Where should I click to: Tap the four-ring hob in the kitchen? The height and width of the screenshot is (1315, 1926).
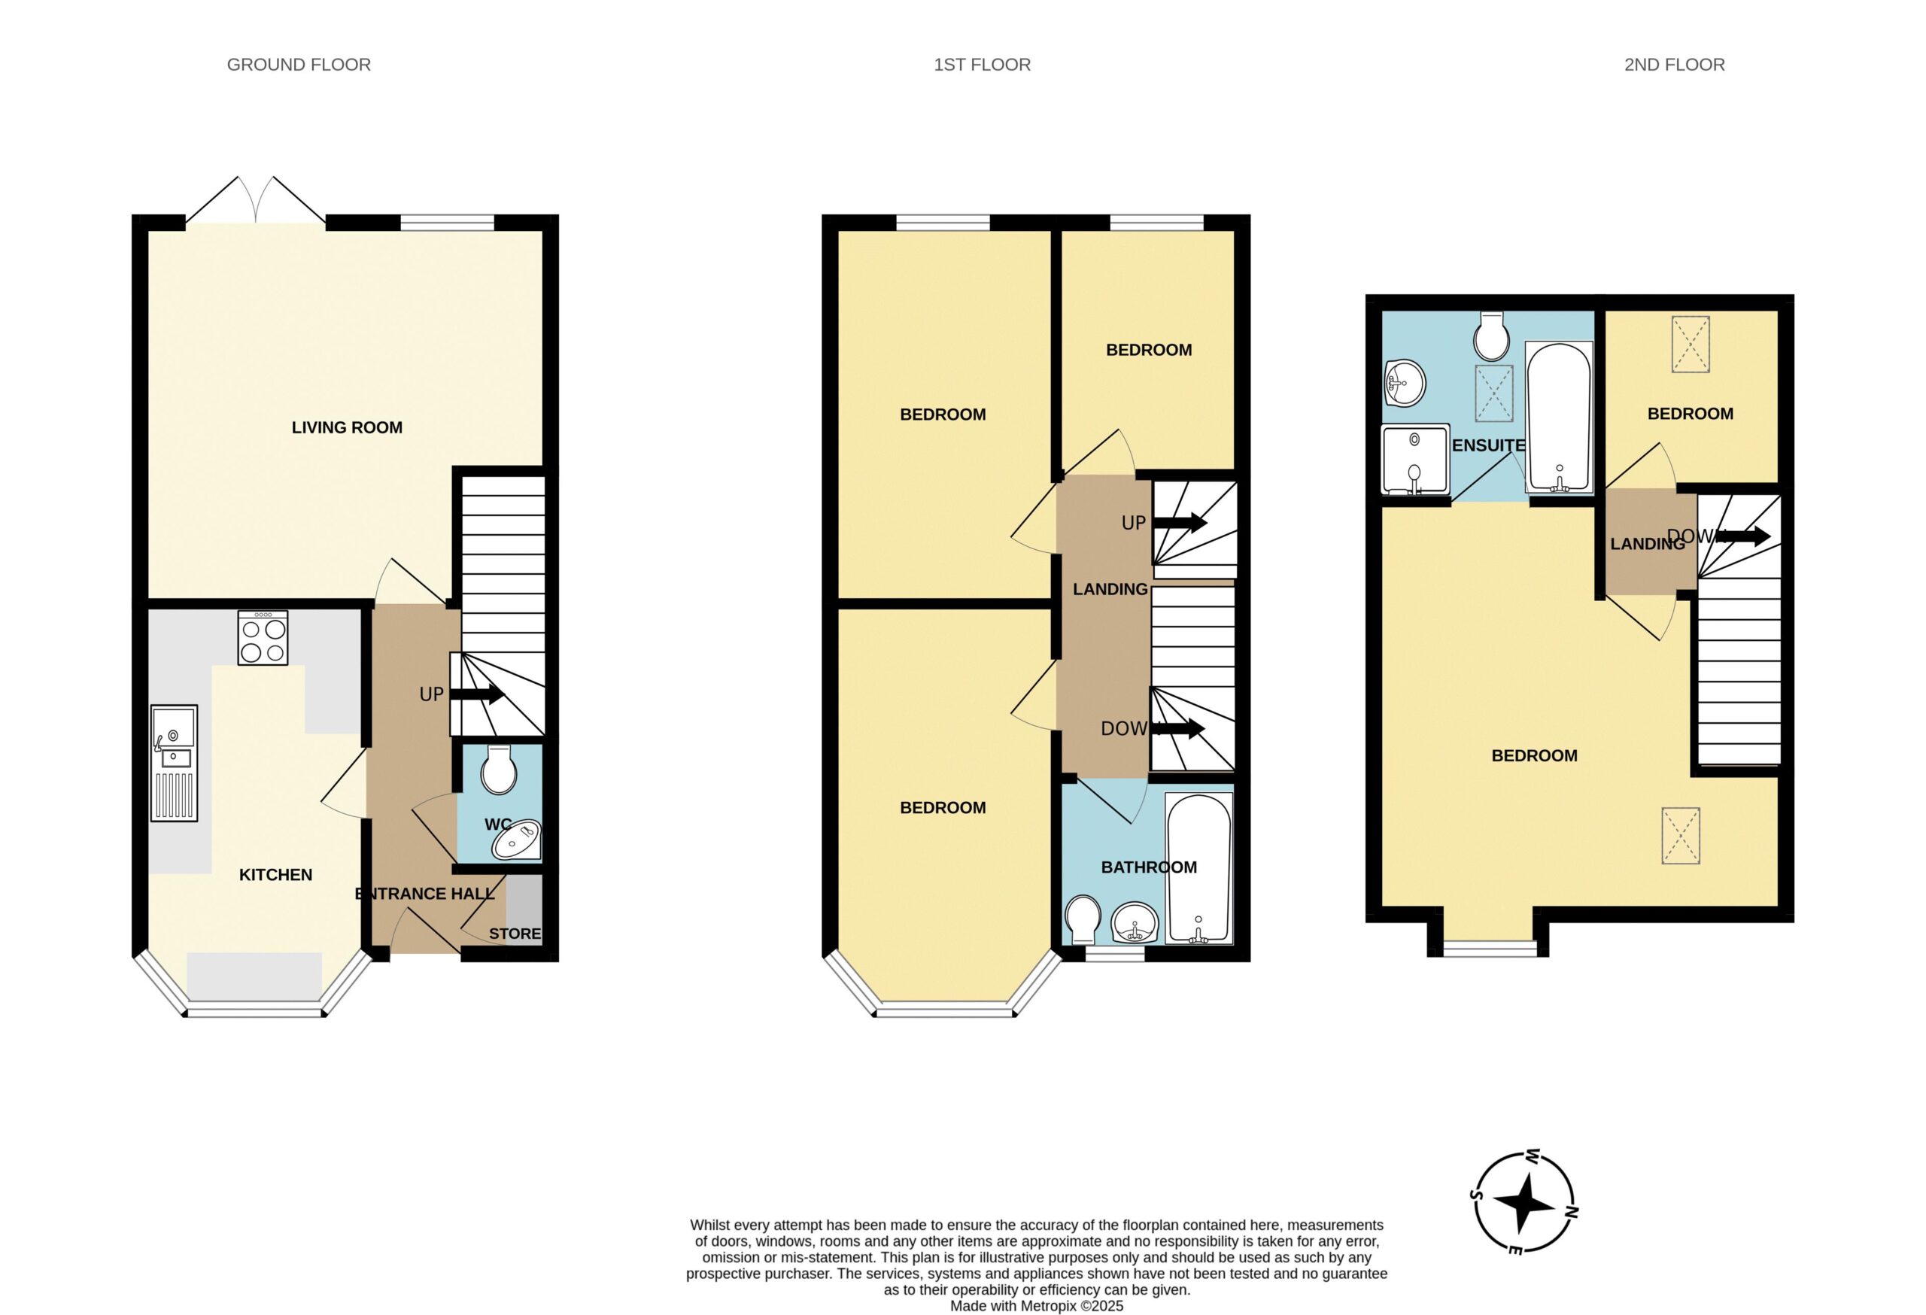263,637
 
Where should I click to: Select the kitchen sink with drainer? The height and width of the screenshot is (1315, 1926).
174,763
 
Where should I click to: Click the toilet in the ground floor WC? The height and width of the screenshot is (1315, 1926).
499,770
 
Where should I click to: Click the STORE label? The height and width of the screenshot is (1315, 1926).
515,934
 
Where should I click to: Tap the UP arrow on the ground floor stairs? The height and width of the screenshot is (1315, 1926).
476,694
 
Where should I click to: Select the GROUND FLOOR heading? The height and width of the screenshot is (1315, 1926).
299,65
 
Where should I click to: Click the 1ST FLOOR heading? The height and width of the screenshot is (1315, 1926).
982,65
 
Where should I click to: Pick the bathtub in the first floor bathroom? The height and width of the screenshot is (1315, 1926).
1198,868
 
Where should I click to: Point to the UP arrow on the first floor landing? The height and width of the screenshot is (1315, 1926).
1180,523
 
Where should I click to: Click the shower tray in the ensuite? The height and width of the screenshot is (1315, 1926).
1414,460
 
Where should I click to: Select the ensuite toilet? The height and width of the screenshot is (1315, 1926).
1492,336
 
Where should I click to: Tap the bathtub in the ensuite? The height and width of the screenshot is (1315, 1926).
1559,418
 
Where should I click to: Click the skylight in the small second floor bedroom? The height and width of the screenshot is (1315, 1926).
1691,344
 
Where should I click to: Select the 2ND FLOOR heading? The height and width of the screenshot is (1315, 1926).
1674,65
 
